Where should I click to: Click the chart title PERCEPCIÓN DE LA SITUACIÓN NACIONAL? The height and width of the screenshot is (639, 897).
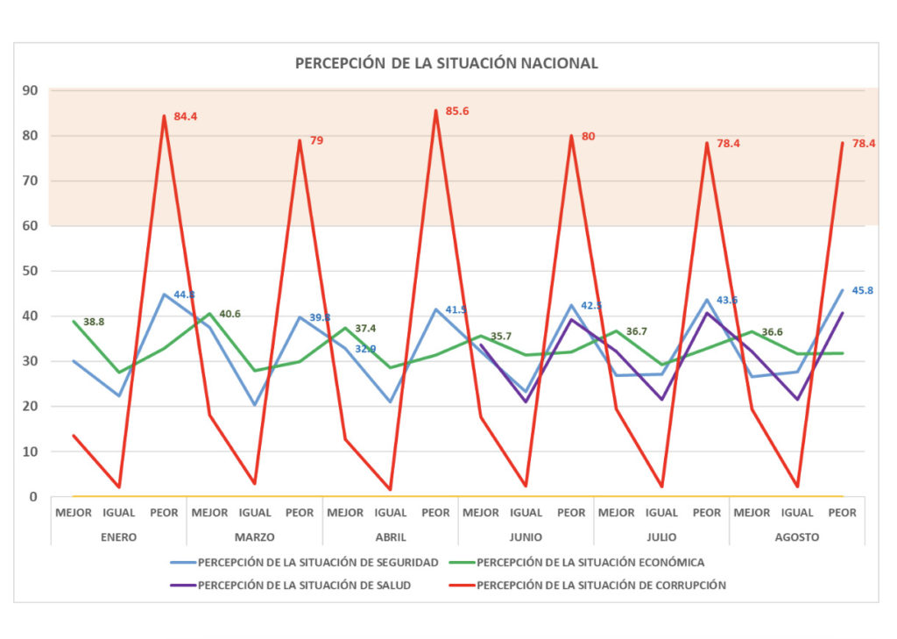pos(447,63)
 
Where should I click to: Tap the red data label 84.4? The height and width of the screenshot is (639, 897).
pos(185,116)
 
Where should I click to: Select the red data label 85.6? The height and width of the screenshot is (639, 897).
pos(457,111)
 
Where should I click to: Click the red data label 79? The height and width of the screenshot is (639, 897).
pos(316,140)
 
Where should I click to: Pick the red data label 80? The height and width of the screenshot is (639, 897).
pos(588,136)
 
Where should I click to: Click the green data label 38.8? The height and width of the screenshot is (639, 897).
pos(95,323)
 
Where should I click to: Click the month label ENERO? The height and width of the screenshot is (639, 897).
pos(118,537)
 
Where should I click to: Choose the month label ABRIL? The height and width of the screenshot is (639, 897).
pos(390,537)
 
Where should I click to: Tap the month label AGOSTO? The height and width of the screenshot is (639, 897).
pos(797,537)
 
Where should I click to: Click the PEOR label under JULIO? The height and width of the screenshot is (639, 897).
pos(707,513)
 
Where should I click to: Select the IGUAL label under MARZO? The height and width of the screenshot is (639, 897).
pos(255,513)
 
